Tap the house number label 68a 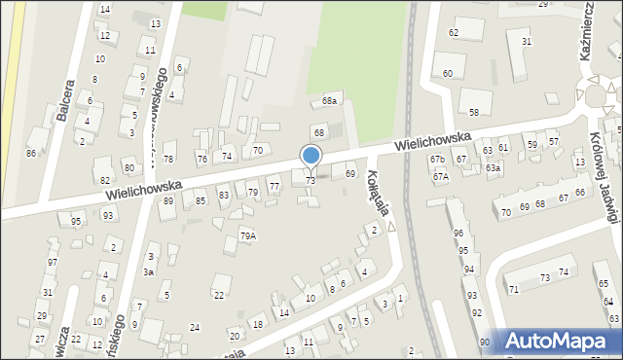330,101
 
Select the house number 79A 248,235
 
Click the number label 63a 494,168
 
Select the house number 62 453,33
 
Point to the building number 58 474,114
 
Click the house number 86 31,154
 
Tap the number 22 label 219,295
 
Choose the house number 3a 149,272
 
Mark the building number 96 458,234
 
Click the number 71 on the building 513,290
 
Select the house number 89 168,200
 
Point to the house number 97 53,263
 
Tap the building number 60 448,74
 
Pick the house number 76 202,159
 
